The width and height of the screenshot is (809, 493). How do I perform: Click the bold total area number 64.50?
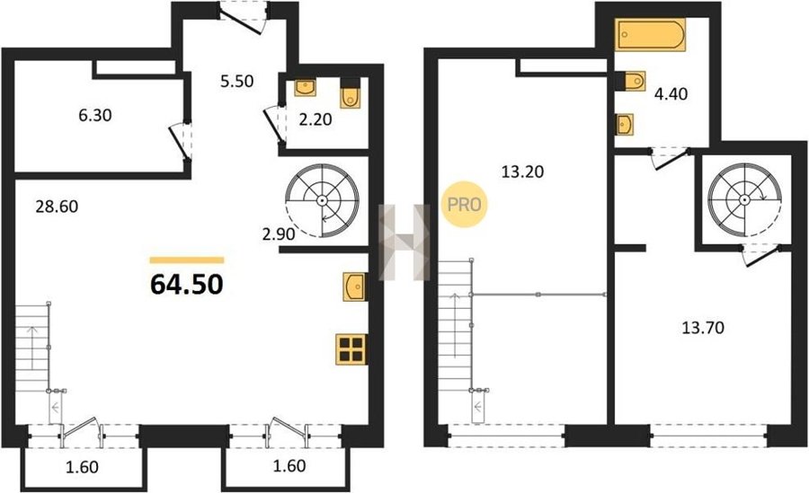[x=187, y=284]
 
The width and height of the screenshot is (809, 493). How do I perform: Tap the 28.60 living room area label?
[x=57, y=207]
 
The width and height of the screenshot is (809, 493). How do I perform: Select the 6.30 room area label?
[x=95, y=115]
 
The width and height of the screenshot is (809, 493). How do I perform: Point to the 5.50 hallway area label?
[x=236, y=81]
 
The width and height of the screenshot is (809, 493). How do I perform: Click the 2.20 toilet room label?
[x=316, y=119]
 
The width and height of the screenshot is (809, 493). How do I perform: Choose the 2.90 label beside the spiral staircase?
[x=279, y=234]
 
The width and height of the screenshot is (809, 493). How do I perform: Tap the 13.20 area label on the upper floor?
[x=522, y=172]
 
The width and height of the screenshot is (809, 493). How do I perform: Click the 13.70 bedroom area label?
[x=703, y=327]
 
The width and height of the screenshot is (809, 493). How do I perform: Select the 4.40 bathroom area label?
[x=671, y=94]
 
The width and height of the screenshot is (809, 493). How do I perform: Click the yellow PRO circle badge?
[x=465, y=205]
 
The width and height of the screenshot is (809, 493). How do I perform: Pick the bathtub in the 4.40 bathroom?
[x=650, y=34]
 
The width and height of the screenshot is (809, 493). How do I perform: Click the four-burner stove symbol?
[x=351, y=349]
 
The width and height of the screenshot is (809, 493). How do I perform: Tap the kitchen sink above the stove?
[x=354, y=286]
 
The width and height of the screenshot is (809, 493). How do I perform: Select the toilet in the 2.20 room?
[x=351, y=95]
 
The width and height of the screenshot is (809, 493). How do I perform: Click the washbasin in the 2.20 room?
[x=306, y=88]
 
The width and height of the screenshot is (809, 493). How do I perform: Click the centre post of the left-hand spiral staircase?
[x=322, y=199]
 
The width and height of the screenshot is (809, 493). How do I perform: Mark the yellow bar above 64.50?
[x=187, y=260]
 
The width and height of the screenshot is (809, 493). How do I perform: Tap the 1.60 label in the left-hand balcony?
[x=83, y=467]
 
